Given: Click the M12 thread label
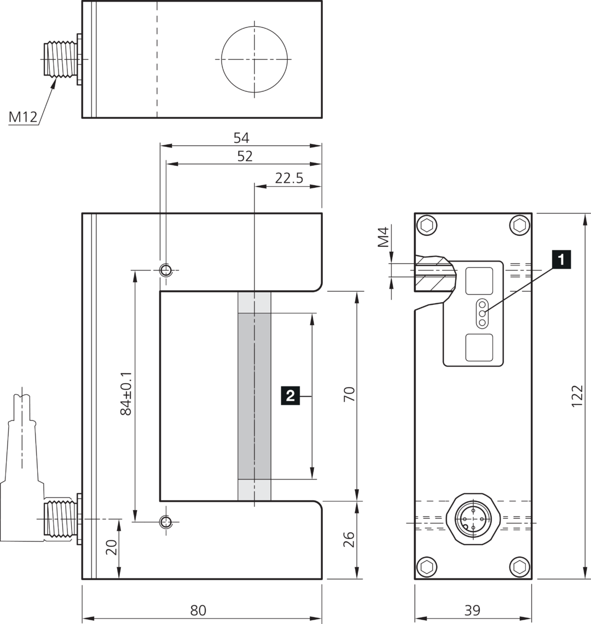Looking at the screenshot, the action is (22, 117).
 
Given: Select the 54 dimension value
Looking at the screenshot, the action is (241, 138).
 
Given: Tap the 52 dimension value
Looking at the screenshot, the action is (245, 156).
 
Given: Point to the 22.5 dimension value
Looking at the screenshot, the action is (289, 178).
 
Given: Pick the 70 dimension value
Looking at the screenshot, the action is (349, 394).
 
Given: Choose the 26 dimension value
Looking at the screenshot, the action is (349, 539).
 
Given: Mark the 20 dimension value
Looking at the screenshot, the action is (112, 547).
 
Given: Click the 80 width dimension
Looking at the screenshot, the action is (198, 610).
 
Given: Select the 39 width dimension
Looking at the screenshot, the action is (472, 610).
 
